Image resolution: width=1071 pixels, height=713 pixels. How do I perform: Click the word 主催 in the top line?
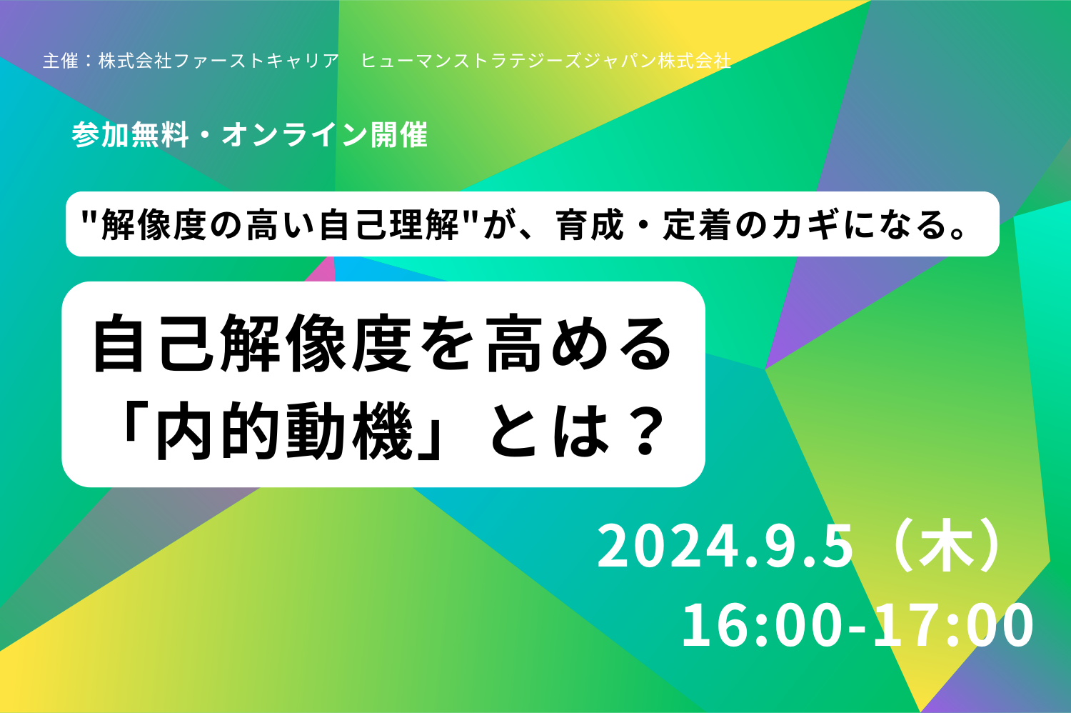click(60, 61)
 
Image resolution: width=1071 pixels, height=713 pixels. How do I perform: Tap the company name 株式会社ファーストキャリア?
click(218, 61)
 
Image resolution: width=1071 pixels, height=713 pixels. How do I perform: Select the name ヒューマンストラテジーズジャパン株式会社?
click(546, 61)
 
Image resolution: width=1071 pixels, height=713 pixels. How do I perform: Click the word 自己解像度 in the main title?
click(253, 343)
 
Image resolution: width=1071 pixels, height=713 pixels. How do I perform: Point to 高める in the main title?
click(578, 343)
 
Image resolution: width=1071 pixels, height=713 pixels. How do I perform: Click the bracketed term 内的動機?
click(284, 430)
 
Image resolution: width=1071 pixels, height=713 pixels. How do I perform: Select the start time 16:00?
click(761, 625)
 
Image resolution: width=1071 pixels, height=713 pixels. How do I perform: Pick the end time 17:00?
click(955, 625)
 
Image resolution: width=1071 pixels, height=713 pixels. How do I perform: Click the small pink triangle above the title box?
click(321, 272)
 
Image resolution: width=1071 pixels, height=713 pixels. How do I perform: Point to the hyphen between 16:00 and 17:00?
click(858, 627)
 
